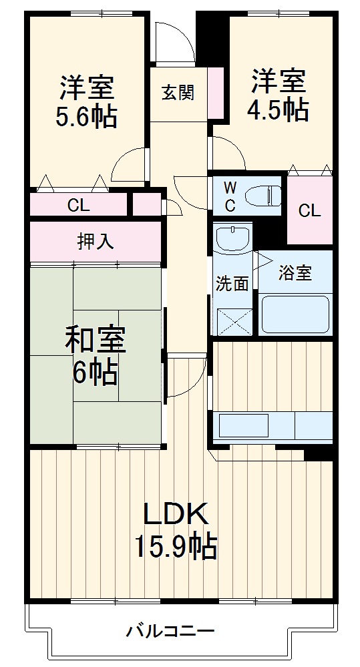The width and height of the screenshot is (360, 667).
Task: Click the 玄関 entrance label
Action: [178, 93]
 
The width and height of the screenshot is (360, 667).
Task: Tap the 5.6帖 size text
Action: [87, 117]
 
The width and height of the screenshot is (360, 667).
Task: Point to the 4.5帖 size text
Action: [279, 109]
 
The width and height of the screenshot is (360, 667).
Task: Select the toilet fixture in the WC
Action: [263, 196]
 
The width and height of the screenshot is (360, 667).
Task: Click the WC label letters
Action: [229, 196]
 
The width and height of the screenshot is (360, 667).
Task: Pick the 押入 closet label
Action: [96, 242]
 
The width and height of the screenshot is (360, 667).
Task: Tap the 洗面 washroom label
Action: [232, 283]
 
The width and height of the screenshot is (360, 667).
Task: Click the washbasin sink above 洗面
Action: [233, 238]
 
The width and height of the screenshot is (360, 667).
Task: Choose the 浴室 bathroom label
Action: [295, 273]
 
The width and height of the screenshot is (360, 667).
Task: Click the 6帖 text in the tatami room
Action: [95, 373]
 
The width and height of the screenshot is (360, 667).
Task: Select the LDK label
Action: [178, 515]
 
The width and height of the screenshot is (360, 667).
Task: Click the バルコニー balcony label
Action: [170, 630]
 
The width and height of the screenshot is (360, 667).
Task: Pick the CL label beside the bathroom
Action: [309, 211]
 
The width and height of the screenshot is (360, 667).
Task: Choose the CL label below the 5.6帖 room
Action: [78, 205]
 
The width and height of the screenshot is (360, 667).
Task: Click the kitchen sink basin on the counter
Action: [244, 425]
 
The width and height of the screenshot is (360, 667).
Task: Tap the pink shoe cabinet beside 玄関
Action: [216, 91]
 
